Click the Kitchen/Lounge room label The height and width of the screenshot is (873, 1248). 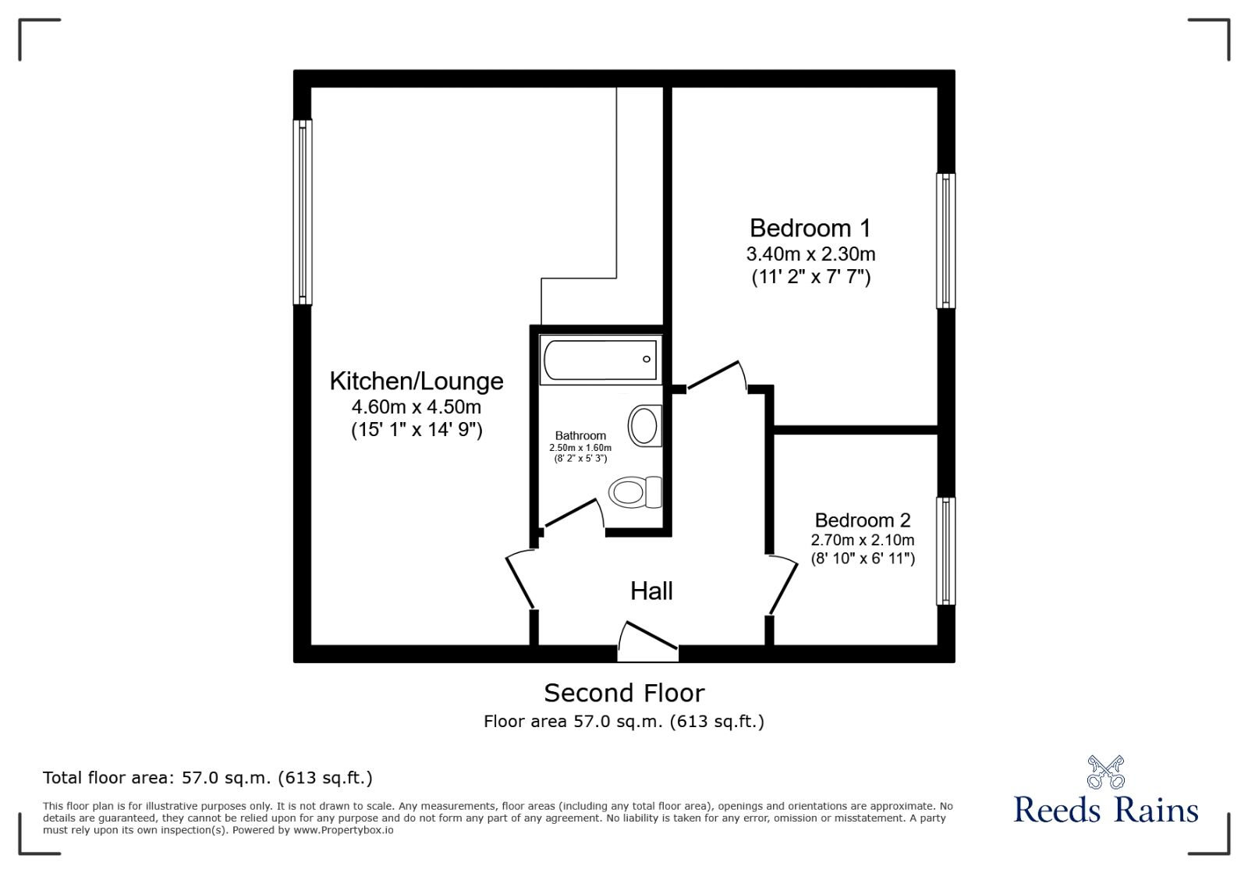[x=417, y=381]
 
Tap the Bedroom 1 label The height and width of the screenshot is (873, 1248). [x=810, y=228]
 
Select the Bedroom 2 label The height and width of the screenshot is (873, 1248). [x=863, y=520]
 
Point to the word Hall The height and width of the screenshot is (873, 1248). [x=651, y=591]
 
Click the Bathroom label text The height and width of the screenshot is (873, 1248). [x=580, y=435]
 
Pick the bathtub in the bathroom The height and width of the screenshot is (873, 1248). [x=600, y=360]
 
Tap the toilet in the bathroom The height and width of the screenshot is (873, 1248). [x=634, y=492]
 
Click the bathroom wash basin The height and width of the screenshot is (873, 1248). [x=644, y=426]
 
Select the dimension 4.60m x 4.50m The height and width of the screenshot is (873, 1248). [x=417, y=406]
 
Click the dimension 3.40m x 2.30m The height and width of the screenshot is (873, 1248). [x=810, y=254]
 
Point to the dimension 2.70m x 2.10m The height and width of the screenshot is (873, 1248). [x=863, y=540]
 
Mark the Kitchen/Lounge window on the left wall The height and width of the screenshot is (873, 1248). [x=303, y=211]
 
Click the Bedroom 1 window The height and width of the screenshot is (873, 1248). [x=945, y=240]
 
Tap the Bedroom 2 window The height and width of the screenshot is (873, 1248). [x=945, y=552]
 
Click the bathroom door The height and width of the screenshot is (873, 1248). [x=573, y=515]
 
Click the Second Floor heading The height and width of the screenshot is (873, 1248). [x=624, y=693]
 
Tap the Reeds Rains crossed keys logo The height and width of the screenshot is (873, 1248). [x=1105, y=772]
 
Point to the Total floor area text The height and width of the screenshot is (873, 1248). [x=207, y=778]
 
